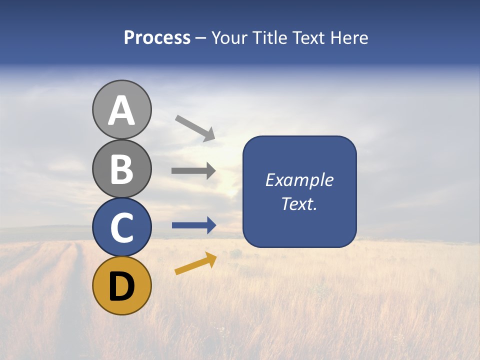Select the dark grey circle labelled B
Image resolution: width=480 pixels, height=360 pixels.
[122, 168]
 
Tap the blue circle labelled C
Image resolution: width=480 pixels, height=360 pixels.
[122, 227]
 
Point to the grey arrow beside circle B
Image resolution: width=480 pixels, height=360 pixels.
[193, 170]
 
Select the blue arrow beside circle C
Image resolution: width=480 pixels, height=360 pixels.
[194, 225]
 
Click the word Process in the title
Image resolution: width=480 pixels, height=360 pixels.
[157, 37]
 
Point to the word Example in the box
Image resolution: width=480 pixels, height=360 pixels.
[299, 180]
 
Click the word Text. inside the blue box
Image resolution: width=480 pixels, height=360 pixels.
[299, 203]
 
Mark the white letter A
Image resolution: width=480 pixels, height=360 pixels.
[122, 111]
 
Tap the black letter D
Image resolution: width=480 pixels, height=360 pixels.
[122, 286]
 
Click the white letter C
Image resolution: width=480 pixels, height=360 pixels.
[122, 228]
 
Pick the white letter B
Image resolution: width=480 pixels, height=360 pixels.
[122, 169]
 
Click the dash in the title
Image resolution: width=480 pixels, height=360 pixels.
[201, 38]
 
